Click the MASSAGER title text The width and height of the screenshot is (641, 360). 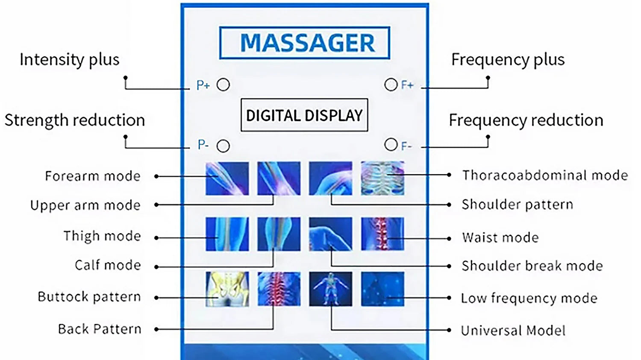click(x=307, y=43)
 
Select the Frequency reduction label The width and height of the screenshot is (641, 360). click(x=526, y=120)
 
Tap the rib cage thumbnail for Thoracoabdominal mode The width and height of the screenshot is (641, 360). click(x=382, y=178)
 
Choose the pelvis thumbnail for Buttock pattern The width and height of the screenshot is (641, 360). click(x=227, y=289)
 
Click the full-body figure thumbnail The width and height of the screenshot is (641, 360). click(x=330, y=289)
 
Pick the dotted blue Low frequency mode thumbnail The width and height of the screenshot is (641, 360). click(x=382, y=289)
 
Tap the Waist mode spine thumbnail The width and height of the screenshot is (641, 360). click(x=382, y=234)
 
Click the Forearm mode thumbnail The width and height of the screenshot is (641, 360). click(x=227, y=178)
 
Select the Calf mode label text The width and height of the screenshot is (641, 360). click(x=108, y=265)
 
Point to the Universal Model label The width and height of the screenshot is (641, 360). click(x=513, y=331)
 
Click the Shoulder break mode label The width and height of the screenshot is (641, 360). click(x=532, y=266)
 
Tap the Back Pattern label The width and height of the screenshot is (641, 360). click(x=100, y=329)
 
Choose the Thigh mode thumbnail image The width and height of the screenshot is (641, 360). click(x=227, y=234)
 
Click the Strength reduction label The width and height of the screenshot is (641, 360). click(x=75, y=120)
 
